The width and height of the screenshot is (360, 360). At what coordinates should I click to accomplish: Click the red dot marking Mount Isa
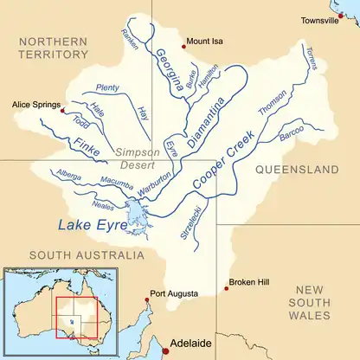coord(183,48)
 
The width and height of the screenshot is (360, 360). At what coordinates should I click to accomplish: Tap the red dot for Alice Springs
coord(61,110)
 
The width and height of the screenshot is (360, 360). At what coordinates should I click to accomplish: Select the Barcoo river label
coord(291,135)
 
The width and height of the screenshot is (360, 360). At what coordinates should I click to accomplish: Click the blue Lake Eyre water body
coord(134,212)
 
